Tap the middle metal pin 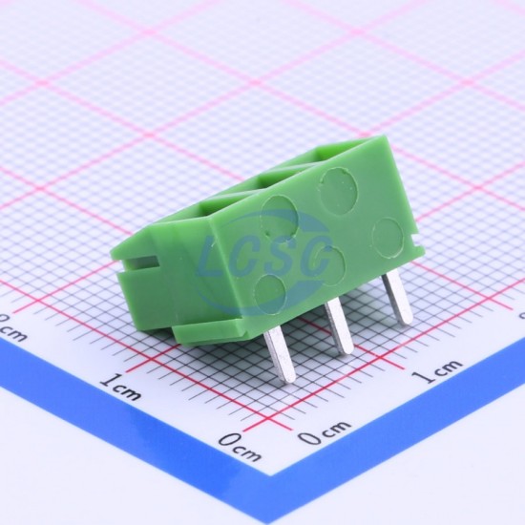[x=340, y=326]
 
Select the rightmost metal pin [x=397, y=298]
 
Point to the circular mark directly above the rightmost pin [x=388, y=238]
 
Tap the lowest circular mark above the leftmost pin [x=270, y=292]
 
